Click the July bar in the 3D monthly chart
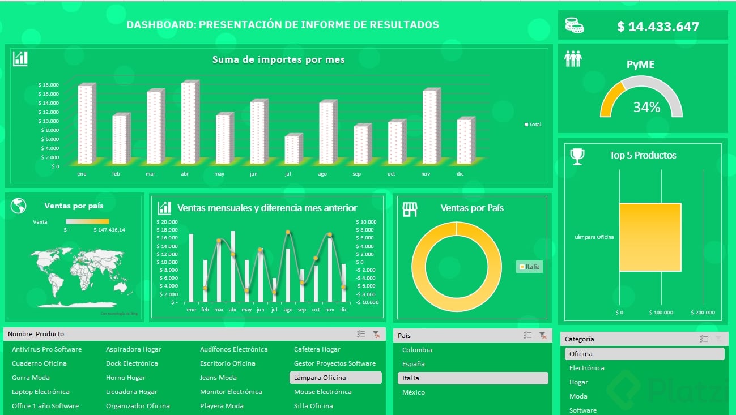(x=292, y=149)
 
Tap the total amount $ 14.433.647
(x=658, y=27)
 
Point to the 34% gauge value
(x=646, y=107)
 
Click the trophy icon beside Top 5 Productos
(x=577, y=156)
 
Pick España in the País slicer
(x=414, y=364)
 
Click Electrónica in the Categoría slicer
(x=586, y=368)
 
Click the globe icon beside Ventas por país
(x=19, y=206)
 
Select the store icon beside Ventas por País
(x=410, y=209)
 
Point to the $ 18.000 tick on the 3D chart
(x=49, y=85)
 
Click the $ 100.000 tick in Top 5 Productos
(x=661, y=313)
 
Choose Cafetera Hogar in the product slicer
(x=317, y=349)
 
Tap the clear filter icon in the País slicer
(x=542, y=335)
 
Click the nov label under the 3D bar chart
(x=426, y=174)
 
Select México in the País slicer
(x=414, y=392)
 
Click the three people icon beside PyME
(x=573, y=59)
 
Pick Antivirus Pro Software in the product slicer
(x=46, y=349)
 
